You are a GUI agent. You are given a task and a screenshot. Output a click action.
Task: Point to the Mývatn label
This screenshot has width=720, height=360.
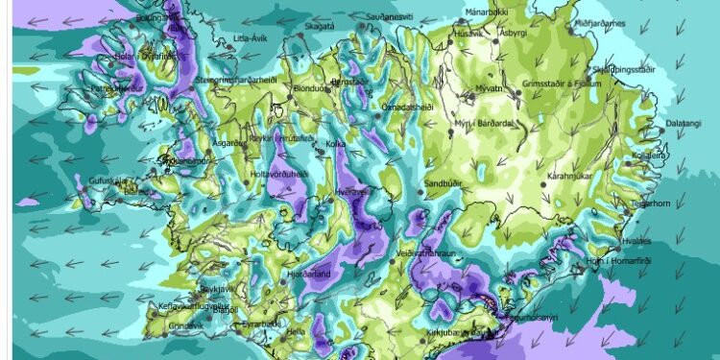491,87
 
